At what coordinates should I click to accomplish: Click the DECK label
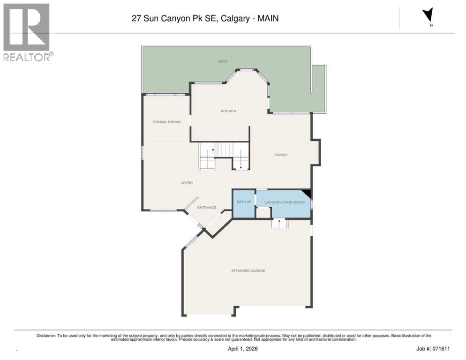pos(222,61)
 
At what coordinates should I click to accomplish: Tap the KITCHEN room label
pos(228,111)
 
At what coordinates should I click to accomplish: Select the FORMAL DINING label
pos(166,122)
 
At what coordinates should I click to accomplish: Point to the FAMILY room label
pos(281,155)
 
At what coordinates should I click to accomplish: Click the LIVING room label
pos(187,182)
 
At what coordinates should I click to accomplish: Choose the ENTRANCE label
pos(206,208)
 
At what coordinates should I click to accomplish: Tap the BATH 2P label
pos(244,202)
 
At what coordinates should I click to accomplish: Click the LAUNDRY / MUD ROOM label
pos(284,202)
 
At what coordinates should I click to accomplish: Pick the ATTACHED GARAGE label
pos(248,270)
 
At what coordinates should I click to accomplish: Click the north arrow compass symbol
pos(427,16)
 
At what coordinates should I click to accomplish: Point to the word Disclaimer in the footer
pos(46,335)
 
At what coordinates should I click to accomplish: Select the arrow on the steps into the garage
pos(279,221)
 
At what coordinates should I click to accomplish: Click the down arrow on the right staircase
pos(241,165)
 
